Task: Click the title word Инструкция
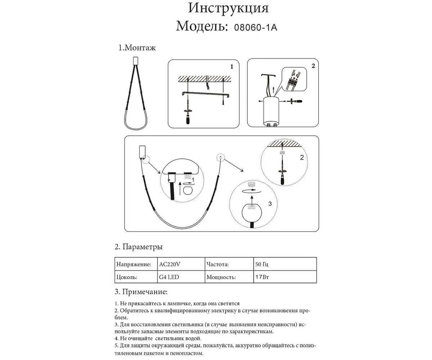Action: pyautogui.click(x=228, y=8)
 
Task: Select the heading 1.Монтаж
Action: pyautogui.click(x=137, y=48)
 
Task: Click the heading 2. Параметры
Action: pyautogui.click(x=139, y=247)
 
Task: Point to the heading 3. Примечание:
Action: pyautogui.click(x=141, y=291)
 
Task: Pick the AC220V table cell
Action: pyautogui.click(x=169, y=264)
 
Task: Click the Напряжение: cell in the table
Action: pyautogui.click(x=134, y=264)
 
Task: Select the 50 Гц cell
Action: pyautogui.click(x=262, y=264)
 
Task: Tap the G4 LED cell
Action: pyautogui.click(x=169, y=277)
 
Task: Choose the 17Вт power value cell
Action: pyautogui.click(x=262, y=277)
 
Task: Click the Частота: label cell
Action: pyautogui.click(x=218, y=264)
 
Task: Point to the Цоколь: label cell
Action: pyautogui.click(x=126, y=277)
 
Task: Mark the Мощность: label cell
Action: pyautogui.click(x=221, y=277)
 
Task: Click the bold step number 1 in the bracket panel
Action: pyautogui.click(x=232, y=67)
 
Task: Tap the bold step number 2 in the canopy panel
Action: pyautogui.click(x=313, y=66)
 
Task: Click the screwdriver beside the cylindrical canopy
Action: pyautogui.click(x=294, y=102)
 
